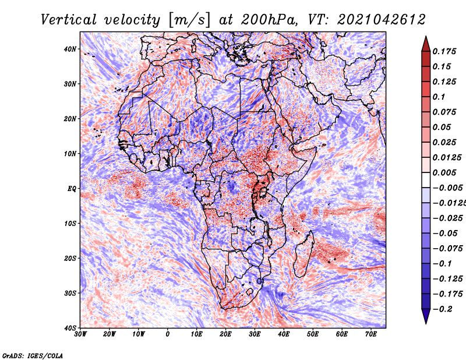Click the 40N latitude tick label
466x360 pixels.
(x=70, y=49)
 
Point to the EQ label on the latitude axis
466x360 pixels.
(x=72, y=189)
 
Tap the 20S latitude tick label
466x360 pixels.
(x=70, y=258)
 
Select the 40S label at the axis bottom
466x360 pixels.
(x=70, y=328)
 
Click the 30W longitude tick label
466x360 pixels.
(x=80, y=334)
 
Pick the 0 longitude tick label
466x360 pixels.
(x=168, y=334)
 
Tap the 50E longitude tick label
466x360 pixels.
(x=313, y=334)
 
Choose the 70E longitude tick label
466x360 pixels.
(x=371, y=334)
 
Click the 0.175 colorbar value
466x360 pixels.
(x=444, y=52)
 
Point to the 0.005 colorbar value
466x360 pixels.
(x=444, y=172)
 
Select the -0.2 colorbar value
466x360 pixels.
(x=442, y=309)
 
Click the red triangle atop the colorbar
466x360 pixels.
(x=426, y=45)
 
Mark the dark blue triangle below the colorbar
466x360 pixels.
(x=426, y=315)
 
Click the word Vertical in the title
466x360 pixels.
(x=69, y=20)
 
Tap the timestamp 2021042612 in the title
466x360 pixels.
(x=382, y=20)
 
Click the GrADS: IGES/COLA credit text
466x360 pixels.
(x=33, y=356)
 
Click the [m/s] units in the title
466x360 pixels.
(x=189, y=20)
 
